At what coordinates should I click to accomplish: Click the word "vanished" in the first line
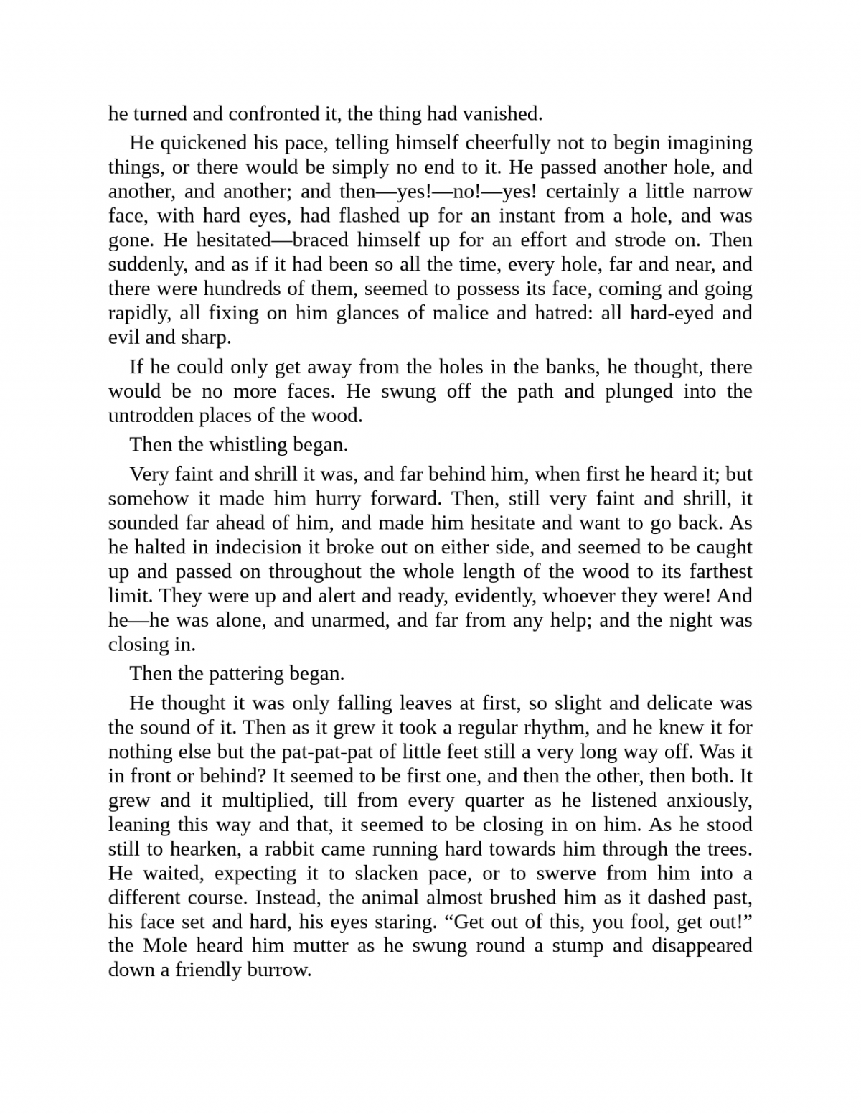[x=502, y=113]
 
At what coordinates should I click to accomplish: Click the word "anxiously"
[x=709, y=800]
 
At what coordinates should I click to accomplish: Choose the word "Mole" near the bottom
[x=165, y=945]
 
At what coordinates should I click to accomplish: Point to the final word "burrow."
[x=278, y=970]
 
